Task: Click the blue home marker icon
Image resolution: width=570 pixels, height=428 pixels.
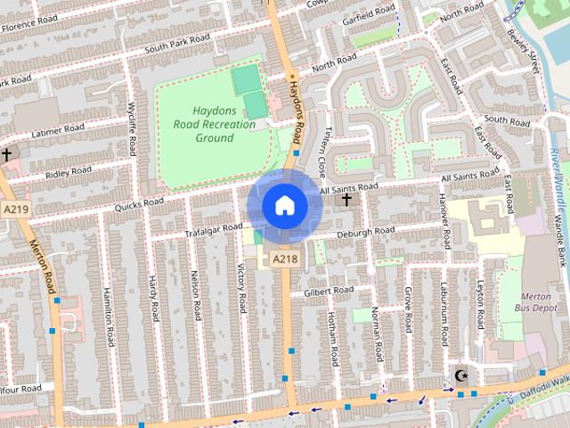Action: coord(284,205)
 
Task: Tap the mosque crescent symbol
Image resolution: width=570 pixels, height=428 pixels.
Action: coord(460,375)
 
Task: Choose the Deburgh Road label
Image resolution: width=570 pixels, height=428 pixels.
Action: coord(365,231)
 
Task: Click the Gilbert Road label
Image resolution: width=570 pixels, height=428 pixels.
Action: coord(329,291)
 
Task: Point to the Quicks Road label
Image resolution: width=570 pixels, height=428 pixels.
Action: coord(139,203)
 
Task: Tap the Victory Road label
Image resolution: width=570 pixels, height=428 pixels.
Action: coord(240,287)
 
